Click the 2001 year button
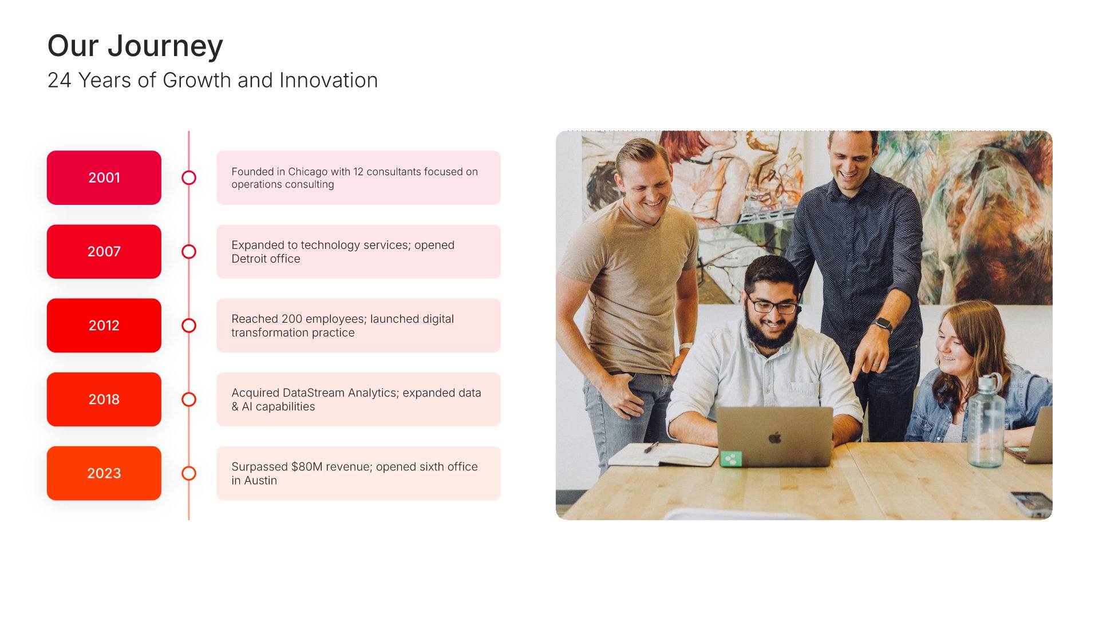tap(104, 177)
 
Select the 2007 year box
tap(104, 251)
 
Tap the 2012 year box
tap(104, 325)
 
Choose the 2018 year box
tap(104, 399)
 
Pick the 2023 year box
tap(104, 473)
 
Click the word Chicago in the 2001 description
tap(308, 172)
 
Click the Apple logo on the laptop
tap(775, 438)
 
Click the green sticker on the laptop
tap(731, 458)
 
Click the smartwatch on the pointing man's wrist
tap(883, 324)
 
